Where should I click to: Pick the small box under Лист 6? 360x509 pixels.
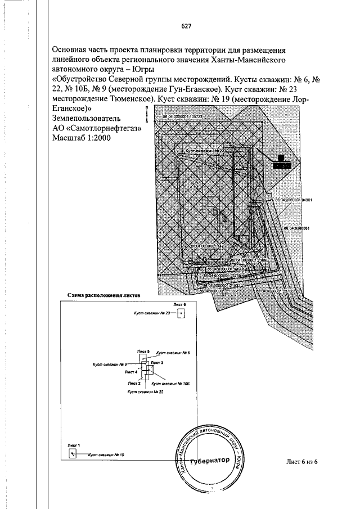pyautogui.click(x=181, y=313)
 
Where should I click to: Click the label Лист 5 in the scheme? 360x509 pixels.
pyautogui.click(x=145, y=351)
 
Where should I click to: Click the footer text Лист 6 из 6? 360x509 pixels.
pyautogui.click(x=302, y=462)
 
